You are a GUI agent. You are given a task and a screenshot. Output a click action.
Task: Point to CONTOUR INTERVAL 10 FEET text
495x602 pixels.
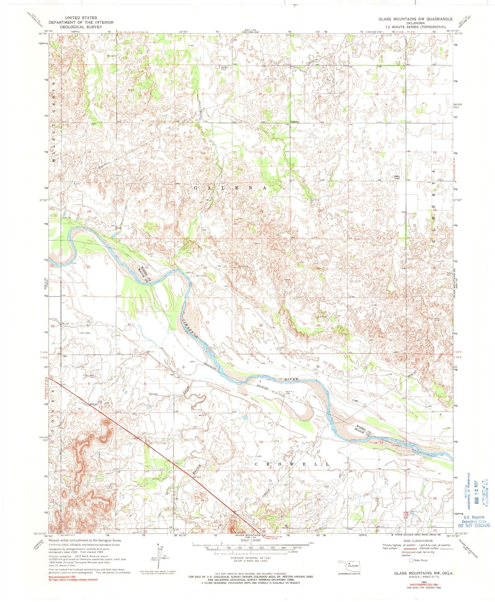247,558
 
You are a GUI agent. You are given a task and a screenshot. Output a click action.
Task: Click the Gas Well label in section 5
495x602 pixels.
153,394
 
